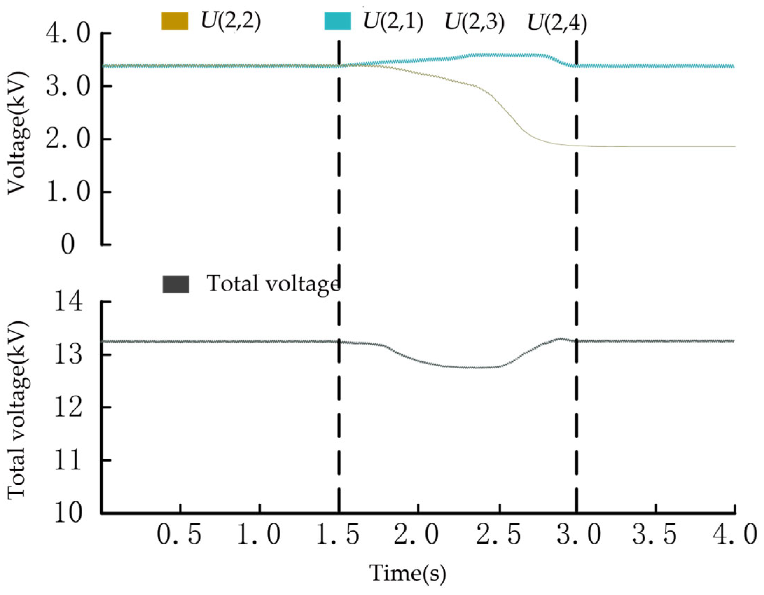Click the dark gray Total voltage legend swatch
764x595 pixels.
tap(176, 284)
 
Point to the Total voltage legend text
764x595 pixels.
tap(273, 283)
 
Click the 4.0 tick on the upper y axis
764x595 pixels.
tap(68, 34)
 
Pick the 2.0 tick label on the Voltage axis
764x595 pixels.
tap(68, 139)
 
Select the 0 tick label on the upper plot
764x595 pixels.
tap(68, 245)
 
